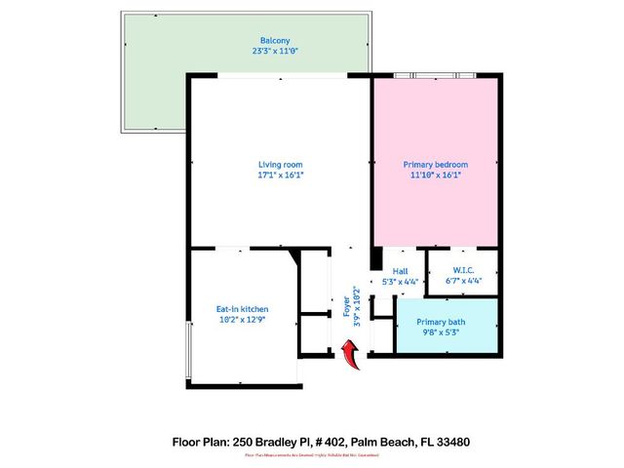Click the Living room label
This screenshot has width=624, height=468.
pos(281,164)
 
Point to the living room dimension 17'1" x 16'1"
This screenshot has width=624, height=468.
pos(281,176)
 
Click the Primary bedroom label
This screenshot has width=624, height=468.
pos(435,164)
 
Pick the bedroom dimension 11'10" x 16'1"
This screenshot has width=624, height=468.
pos(435,176)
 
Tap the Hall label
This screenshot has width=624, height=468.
pos(400,271)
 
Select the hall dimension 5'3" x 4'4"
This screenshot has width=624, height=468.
pos(400,282)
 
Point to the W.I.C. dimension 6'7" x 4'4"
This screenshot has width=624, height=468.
pos(463,282)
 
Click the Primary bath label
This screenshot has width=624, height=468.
pos(444,322)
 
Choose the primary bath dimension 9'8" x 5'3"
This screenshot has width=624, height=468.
pos(444,332)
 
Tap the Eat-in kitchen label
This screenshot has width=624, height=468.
pos(242,308)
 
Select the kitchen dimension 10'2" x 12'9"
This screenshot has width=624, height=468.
pos(242,319)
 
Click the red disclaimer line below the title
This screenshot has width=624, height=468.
pos(311,455)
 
